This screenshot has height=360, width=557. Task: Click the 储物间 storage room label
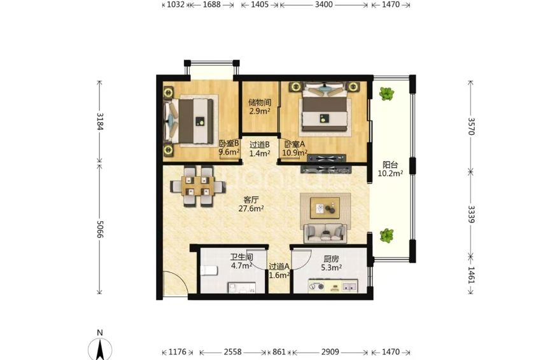[x=260, y=102]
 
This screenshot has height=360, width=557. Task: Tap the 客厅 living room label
[x=251, y=200]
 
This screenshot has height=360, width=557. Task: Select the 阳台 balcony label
[x=390, y=165]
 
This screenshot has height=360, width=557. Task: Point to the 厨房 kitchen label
[x=331, y=259]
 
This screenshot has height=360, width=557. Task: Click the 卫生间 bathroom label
[x=241, y=257]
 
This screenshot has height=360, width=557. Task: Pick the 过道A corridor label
[x=279, y=267]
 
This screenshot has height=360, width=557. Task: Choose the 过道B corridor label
[x=259, y=145]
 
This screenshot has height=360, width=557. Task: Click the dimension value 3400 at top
[x=324, y=4]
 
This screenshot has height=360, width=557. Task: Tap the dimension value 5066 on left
[x=100, y=230]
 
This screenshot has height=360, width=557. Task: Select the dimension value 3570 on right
[x=471, y=127]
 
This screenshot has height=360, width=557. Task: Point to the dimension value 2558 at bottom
[x=233, y=352]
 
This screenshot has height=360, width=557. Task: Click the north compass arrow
[x=101, y=349]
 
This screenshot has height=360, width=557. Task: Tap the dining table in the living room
[x=197, y=186]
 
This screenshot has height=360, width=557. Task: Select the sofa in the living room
[x=325, y=233]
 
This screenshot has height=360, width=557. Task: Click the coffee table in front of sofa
[x=325, y=208]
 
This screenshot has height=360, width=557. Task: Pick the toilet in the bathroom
[x=209, y=271]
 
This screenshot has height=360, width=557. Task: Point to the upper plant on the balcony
[x=386, y=93]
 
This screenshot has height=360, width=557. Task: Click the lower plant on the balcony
[x=386, y=235]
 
